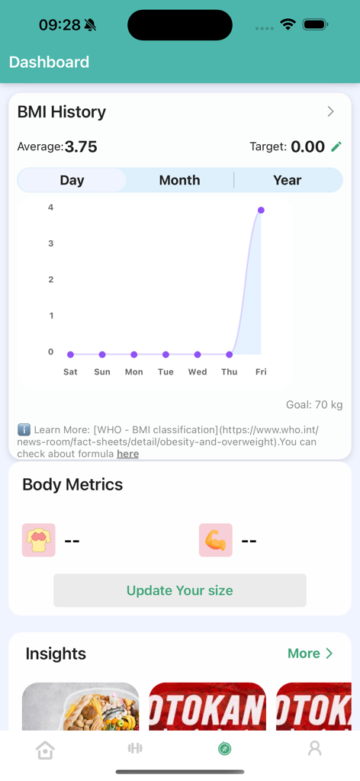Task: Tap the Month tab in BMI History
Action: coord(179,180)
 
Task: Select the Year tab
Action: coord(287,180)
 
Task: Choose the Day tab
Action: coord(72,180)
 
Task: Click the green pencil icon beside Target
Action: coord(336,146)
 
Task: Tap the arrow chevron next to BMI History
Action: coord(330,111)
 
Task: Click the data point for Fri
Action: coord(261,210)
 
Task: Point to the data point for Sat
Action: coord(70,355)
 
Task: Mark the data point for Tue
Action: coord(166,355)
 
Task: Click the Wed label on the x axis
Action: coord(198,372)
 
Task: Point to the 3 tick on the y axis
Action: coord(51,243)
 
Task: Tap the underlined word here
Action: coord(127,454)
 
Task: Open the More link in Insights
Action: coord(310,654)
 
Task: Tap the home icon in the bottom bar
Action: coord(45,750)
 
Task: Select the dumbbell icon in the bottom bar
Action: coord(135,748)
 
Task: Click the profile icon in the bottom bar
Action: coord(314,749)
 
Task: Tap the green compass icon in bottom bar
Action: coord(224,749)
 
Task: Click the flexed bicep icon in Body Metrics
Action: coord(215,540)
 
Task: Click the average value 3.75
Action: coord(81,146)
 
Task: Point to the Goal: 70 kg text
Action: coord(314,405)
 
